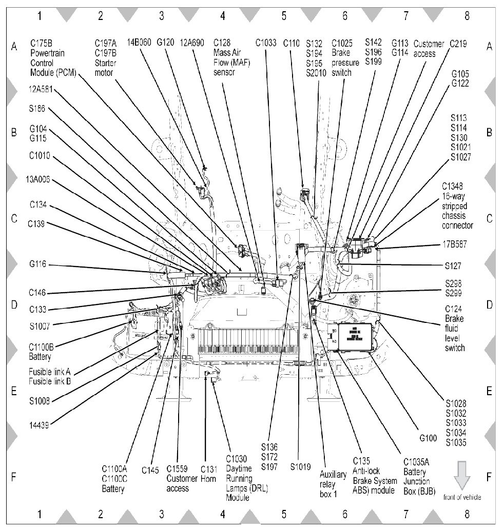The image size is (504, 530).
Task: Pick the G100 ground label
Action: pyautogui.click(x=428, y=439)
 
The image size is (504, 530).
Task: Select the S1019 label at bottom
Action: pyautogui.click(x=301, y=467)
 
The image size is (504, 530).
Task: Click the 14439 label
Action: pyautogui.click(x=39, y=424)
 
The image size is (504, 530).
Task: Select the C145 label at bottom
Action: pyautogui.click(x=150, y=470)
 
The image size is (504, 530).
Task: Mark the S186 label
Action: pyautogui.click(x=38, y=108)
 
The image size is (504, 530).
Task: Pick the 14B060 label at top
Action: pyautogui.click(x=139, y=43)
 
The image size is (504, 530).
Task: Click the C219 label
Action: pyautogui.click(x=458, y=44)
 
